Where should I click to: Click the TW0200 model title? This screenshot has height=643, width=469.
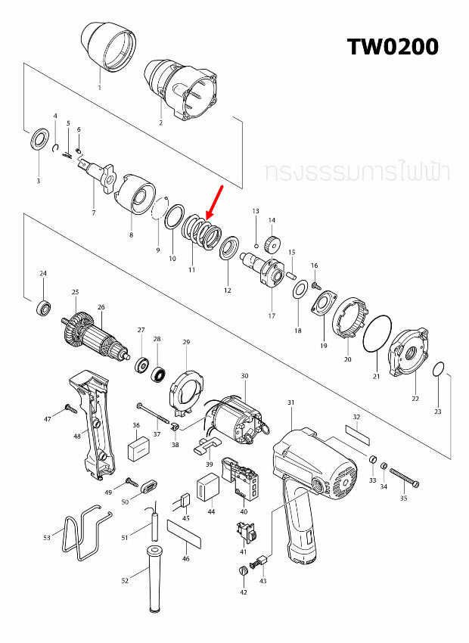click(393, 46)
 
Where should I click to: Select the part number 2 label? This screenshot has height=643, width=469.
click(160, 122)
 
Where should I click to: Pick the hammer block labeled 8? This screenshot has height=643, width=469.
click(135, 194)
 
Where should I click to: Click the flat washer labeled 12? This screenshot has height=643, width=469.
click(227, 249)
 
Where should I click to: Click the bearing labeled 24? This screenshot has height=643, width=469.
click(44, 307)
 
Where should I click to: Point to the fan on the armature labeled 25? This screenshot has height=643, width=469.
click(75, 325)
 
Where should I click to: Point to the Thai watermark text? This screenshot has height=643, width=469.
click(357, 172)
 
